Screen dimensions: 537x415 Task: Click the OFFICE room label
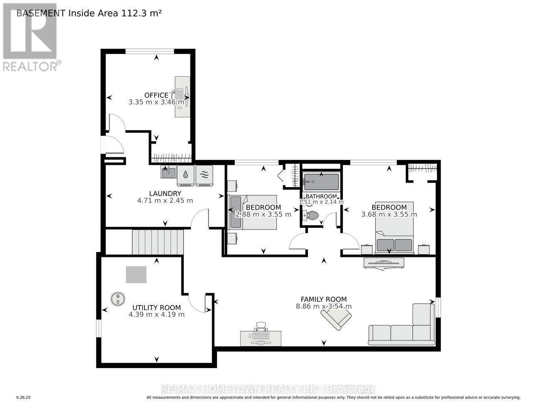point(156,95)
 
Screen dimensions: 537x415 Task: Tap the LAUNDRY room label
point(165,193)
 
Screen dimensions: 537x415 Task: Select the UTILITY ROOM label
point(156,308)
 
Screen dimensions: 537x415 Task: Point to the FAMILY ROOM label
point(323,299)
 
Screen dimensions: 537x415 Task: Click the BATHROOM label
point(321,196)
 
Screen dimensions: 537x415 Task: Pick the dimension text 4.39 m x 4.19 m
point(156,315)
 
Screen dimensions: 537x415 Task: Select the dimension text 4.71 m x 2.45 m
point(165,200)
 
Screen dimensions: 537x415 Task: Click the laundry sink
point(168,172)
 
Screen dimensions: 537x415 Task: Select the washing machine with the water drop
point(186,176)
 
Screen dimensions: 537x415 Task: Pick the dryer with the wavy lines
point(204,176)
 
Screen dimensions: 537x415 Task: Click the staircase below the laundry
point(158,242)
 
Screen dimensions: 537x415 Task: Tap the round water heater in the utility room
point(118,299)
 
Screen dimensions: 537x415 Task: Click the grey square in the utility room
point(136,274)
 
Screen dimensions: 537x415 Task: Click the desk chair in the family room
point(261,327)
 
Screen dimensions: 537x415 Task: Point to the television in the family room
point(384,264)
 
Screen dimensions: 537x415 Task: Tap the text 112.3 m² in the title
point(141,13)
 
